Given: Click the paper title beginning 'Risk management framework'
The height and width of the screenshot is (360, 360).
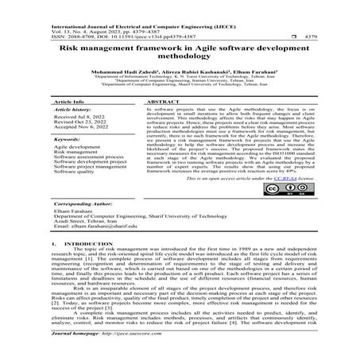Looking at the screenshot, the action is coord(179,52).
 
